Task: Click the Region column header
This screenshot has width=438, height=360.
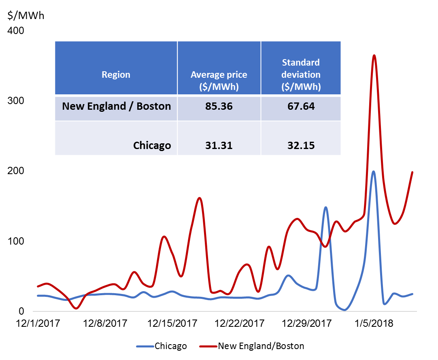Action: [116, 75]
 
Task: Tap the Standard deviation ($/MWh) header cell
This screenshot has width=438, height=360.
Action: [301, 75]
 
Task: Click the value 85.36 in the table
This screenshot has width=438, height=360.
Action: [219, 107]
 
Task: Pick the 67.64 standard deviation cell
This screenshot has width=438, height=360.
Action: [301, 107]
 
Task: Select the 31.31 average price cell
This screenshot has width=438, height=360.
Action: [219, 145]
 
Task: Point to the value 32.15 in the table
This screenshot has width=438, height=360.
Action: [301, 145]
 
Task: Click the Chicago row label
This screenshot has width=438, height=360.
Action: [152, 145]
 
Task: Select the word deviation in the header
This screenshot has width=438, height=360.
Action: [301, 75]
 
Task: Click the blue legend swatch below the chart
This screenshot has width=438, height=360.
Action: [145, 346]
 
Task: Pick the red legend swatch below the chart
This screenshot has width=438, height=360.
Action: [208, 346]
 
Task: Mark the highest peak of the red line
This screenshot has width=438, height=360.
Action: [374, 55]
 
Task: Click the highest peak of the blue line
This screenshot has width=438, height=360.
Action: [373, 171]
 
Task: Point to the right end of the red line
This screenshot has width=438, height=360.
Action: [412, 172]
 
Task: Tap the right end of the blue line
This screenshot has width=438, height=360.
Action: [412, 294]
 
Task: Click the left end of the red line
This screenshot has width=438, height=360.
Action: [37, 286]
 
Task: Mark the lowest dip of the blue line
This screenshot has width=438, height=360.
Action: [344, 310]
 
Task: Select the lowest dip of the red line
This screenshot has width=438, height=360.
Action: [76, 309]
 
